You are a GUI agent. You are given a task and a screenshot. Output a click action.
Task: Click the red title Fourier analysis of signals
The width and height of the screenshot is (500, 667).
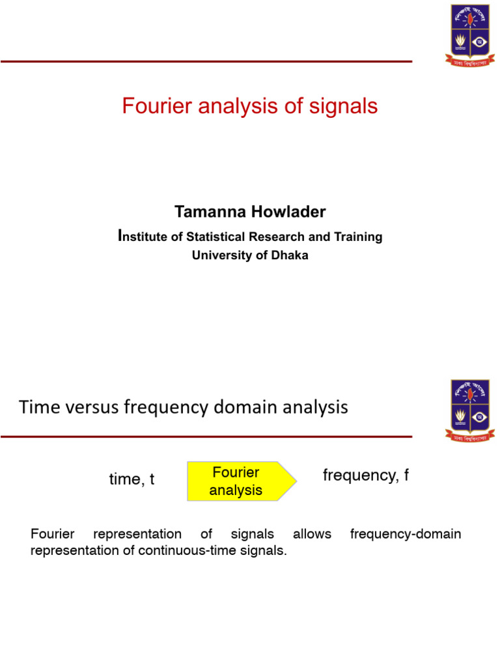pyautogui.click(x=249, y=106)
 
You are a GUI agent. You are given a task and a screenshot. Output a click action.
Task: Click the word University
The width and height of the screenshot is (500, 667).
pyautogui.click(x=218, y=255)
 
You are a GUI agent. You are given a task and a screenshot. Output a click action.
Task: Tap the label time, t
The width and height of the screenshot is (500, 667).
pyautogui.click(x=132, y=480)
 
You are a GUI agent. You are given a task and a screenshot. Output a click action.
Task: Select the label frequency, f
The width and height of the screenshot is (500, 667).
pyautogui.click(x=366, y=475)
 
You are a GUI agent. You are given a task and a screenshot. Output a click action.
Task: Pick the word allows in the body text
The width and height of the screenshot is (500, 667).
pyautogui.click(x=312, y=534)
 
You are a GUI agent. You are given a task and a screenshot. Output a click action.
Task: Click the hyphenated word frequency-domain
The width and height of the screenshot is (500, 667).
pyautogui.click(x=405, y=534)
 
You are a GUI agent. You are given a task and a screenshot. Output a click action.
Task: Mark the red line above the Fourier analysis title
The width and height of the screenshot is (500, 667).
pyautogui.click(x=206, y=62)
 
